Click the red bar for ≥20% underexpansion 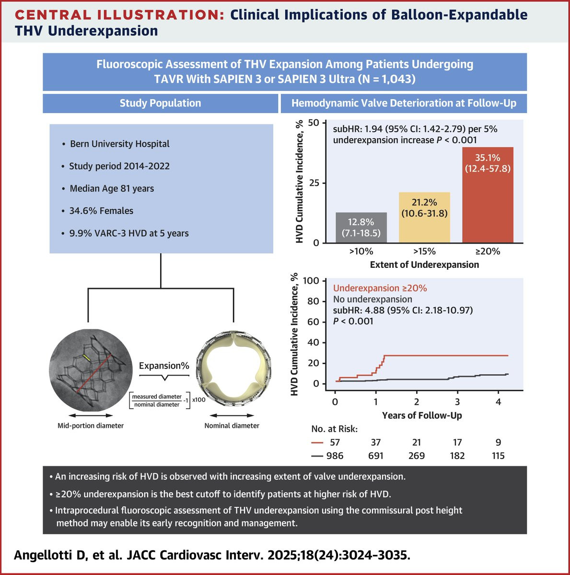coord(488,201)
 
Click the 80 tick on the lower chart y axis coord(313,301)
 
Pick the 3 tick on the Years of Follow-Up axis coord(457,402)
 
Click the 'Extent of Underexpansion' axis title coord(424,264)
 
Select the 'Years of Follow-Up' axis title coord(422,415)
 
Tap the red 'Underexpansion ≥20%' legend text coord(380,288)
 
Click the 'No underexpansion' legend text coord(372,299)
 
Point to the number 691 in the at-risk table coord(375,456)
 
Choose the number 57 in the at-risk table coord(335,442)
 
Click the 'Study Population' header coord(160,103)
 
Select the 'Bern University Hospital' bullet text coord(119,144)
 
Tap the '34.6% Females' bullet coord(101,211)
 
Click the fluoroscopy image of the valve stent coord(88,372)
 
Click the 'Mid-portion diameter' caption coord(91,425)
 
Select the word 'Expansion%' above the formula coord(164,366)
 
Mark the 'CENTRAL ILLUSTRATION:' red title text coord(119,15)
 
